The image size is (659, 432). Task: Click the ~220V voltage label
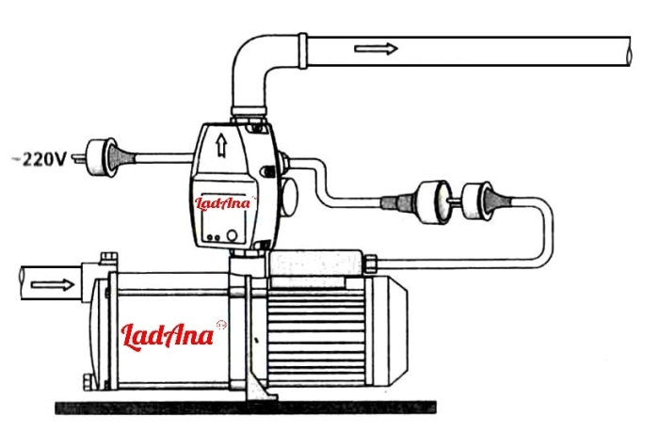tap(40, 159)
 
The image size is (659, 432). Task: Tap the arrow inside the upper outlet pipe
tap(376, 49)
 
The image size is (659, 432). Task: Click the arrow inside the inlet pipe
tap(53, 284)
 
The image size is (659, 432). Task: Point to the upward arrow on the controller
tap(221, 146)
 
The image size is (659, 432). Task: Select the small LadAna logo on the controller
tap(223, 203)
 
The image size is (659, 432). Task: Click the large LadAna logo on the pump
tap(168, 336)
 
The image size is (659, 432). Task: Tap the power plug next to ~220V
tap(102, 157)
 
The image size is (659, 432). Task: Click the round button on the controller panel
tap(232, 235)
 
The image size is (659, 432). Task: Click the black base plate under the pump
tap(246, 408)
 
